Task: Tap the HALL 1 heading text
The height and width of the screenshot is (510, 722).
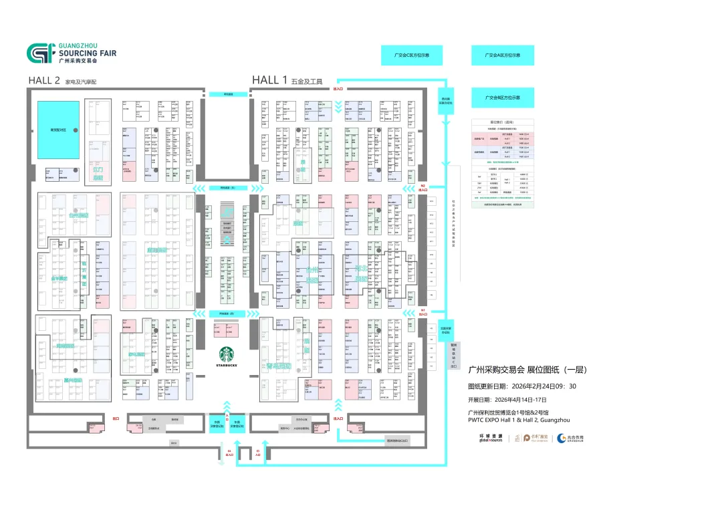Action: pyautogui.click(x=269, y=80)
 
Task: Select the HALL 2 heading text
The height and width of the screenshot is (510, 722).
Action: pyautogui.click(x=45, y=80)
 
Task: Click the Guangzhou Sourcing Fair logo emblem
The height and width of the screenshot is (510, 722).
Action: pyautogui.click(x=39, y=53)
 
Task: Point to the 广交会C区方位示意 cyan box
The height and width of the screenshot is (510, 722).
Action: pyautogui.click(x=412, y=55)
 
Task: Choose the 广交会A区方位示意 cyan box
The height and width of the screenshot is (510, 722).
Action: pyautogui.click(x=503, y=55)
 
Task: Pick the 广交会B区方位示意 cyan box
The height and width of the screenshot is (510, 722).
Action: pyautogui.click(x=503, y=98)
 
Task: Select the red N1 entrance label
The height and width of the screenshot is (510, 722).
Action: pyautogui.click(x=423, y=311)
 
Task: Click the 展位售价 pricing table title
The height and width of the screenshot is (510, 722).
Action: pyautogui.click(x=503, y=122)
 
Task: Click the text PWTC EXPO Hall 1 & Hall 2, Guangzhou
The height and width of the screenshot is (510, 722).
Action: pyautogui.click(x=518, y=420)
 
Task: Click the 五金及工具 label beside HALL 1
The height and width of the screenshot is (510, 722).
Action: pyautogui.click(x=307, y=82)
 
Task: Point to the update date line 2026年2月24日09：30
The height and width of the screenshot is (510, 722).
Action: pyautogui.click(x=522, y=386)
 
